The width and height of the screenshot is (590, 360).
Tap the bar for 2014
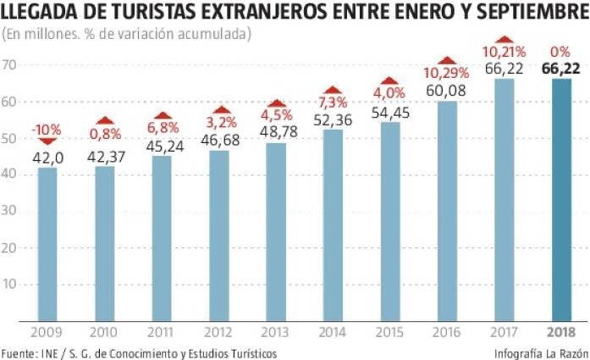coord(333,225)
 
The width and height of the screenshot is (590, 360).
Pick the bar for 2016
coord(447,211)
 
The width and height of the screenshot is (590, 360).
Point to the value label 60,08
coord(447,90)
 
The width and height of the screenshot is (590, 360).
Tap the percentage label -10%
coord(47,129)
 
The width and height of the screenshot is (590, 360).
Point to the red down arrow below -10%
coord(47,141)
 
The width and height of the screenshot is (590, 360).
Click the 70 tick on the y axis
coord(10,65)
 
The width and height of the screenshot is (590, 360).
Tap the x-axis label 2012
coord(218,331)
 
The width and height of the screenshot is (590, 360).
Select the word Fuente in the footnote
coord(19,352)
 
